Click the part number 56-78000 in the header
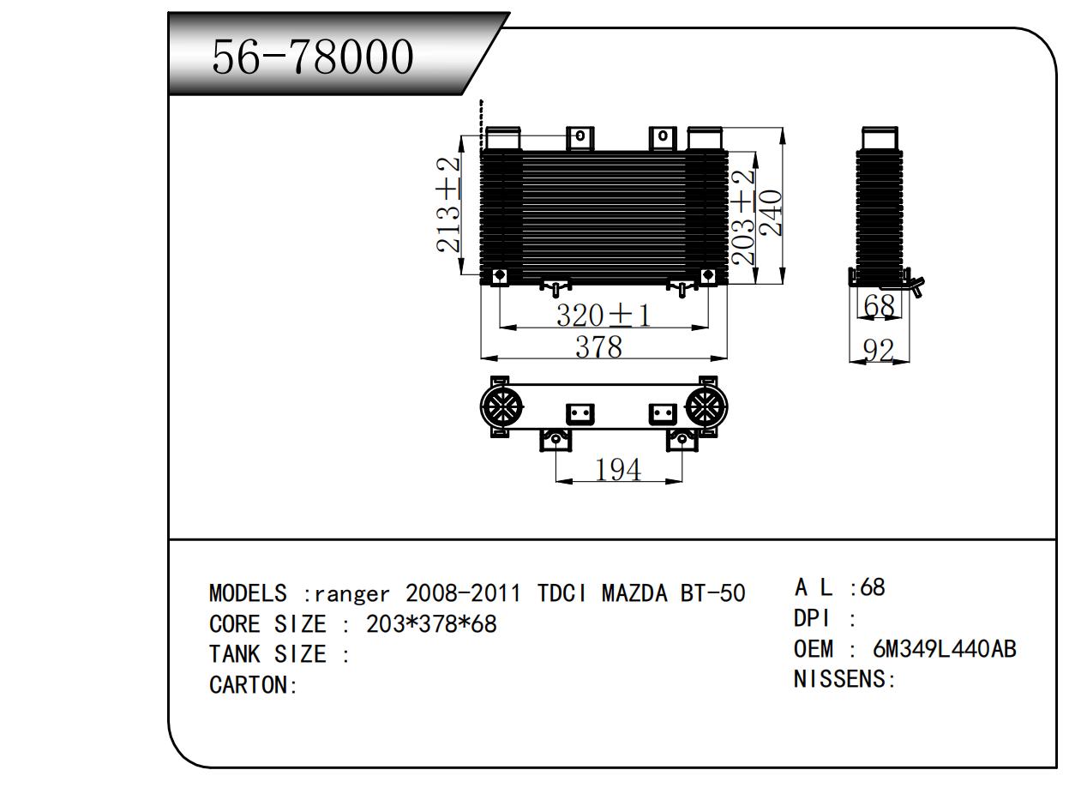click(313, 57)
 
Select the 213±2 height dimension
click(448, 205)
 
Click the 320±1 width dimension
click(604, 316)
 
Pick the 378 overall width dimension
click(598, 346)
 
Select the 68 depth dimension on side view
click(879, 305)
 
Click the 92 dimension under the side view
click(879, 350)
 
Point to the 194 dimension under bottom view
click(617, 469)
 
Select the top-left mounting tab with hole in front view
click(580, 136)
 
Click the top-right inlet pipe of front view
click(705, 138)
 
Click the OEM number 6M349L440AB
click(944, 649)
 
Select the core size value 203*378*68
click(431, 624)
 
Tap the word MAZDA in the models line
click(634, 593)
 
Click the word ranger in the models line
click(351, 593)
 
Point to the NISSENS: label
click(844, 680)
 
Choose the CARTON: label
click(253, 685)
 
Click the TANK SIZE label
click(267, 655)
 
